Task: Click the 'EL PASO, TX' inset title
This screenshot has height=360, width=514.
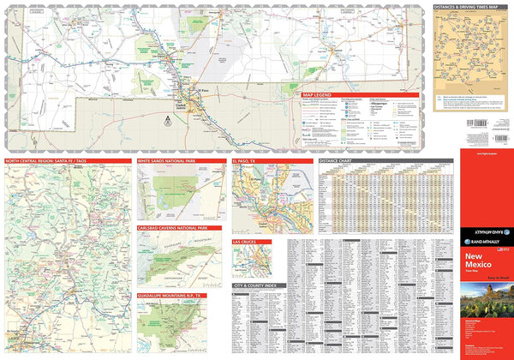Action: tap(247, 160)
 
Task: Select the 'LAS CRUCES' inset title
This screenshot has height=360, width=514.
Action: tap(245, 243)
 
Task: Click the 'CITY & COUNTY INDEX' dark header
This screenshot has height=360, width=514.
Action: tap(254, 285)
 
